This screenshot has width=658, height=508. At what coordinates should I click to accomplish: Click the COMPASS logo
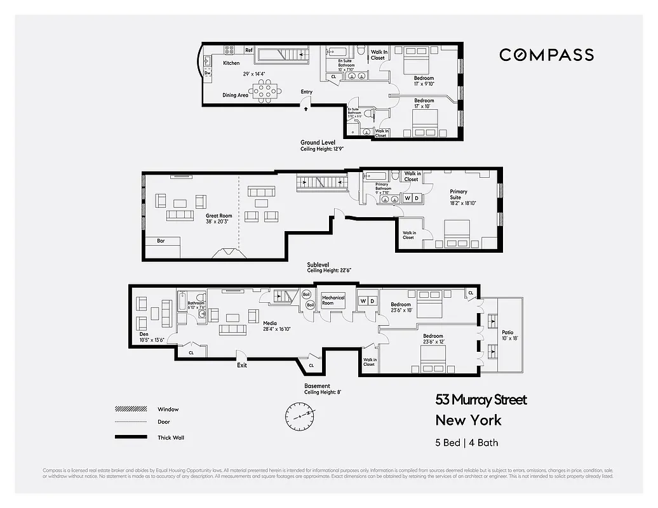click(x=546, y=55)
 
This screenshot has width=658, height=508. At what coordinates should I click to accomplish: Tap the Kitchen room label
click(x=231, y=63)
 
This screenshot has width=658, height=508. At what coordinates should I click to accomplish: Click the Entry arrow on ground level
click(x=307, y=109)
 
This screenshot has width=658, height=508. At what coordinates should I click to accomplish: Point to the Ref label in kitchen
click(x=249, y=50)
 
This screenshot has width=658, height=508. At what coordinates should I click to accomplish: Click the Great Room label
click(x=218, y=216)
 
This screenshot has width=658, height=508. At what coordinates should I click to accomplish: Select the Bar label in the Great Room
click(x=161, y=241)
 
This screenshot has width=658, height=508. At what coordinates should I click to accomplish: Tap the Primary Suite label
click(x=459, y=191)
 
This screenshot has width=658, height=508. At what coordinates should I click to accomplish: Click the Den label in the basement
click(x=144, y=333)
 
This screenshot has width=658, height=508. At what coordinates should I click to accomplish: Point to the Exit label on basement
click(x=241, y=365)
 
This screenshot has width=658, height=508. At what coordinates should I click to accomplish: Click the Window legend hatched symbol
click(x=127, y=409)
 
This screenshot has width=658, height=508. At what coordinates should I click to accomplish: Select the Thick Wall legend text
click(x=171, y=438)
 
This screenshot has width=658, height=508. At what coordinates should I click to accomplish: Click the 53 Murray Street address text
click(x=481, y=399)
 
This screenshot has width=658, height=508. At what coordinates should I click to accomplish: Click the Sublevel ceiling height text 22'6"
click(x=329, y=271)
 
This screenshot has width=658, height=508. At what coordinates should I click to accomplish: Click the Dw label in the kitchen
click(x=208, y=73)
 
